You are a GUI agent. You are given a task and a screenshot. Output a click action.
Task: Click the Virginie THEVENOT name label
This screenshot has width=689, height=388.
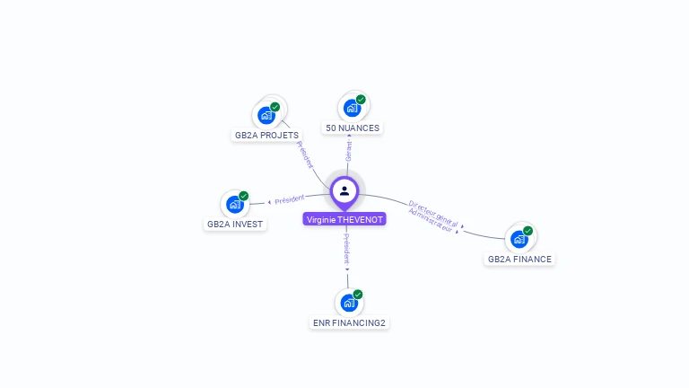[x=344, y=219]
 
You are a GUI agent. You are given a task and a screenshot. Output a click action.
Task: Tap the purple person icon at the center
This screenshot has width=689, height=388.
[x=344, y=190]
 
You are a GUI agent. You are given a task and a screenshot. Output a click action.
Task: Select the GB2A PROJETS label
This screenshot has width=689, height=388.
[x=266, y=136]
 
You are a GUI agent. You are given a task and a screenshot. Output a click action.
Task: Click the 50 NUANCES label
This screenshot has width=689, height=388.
[x=353, y=128]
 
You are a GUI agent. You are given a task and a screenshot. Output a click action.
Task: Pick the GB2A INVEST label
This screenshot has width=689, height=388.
[x=236, y=225]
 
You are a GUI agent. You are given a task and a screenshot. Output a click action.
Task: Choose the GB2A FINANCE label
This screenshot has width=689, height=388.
[x=520, y=259]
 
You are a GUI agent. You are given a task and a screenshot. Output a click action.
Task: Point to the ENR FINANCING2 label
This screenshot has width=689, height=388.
[x=350, y=322]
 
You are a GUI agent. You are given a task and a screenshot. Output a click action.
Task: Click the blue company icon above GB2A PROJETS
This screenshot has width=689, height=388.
[x=266, y=115]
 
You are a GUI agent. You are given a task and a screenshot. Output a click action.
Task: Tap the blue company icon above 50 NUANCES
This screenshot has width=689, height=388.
[x=352, y=108]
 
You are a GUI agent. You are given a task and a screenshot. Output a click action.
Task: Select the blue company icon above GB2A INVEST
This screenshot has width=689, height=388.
[x=234, y=204]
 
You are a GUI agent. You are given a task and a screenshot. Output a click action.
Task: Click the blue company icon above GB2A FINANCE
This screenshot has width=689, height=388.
[x=519, y=239]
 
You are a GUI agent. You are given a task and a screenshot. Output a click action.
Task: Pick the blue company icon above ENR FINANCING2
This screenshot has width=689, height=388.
[x=348, y=303]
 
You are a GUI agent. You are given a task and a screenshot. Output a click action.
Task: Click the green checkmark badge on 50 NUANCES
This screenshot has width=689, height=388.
[x=361, y=100]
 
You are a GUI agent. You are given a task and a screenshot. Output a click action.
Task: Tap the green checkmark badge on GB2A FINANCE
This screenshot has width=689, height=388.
[x=528, y=231]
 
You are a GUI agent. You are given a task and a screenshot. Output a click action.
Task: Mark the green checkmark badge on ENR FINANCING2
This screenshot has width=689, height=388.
[x=358, y=295]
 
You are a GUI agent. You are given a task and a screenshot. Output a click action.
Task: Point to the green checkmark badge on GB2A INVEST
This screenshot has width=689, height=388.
[x=243, y=196]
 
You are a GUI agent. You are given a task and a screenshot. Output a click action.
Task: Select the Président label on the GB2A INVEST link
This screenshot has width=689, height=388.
[x=290, y=198]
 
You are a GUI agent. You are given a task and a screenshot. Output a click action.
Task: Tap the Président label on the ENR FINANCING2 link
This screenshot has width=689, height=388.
[x=346, y=249]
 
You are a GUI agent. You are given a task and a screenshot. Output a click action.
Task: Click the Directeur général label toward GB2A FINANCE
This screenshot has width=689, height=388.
[x=433, y=212]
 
